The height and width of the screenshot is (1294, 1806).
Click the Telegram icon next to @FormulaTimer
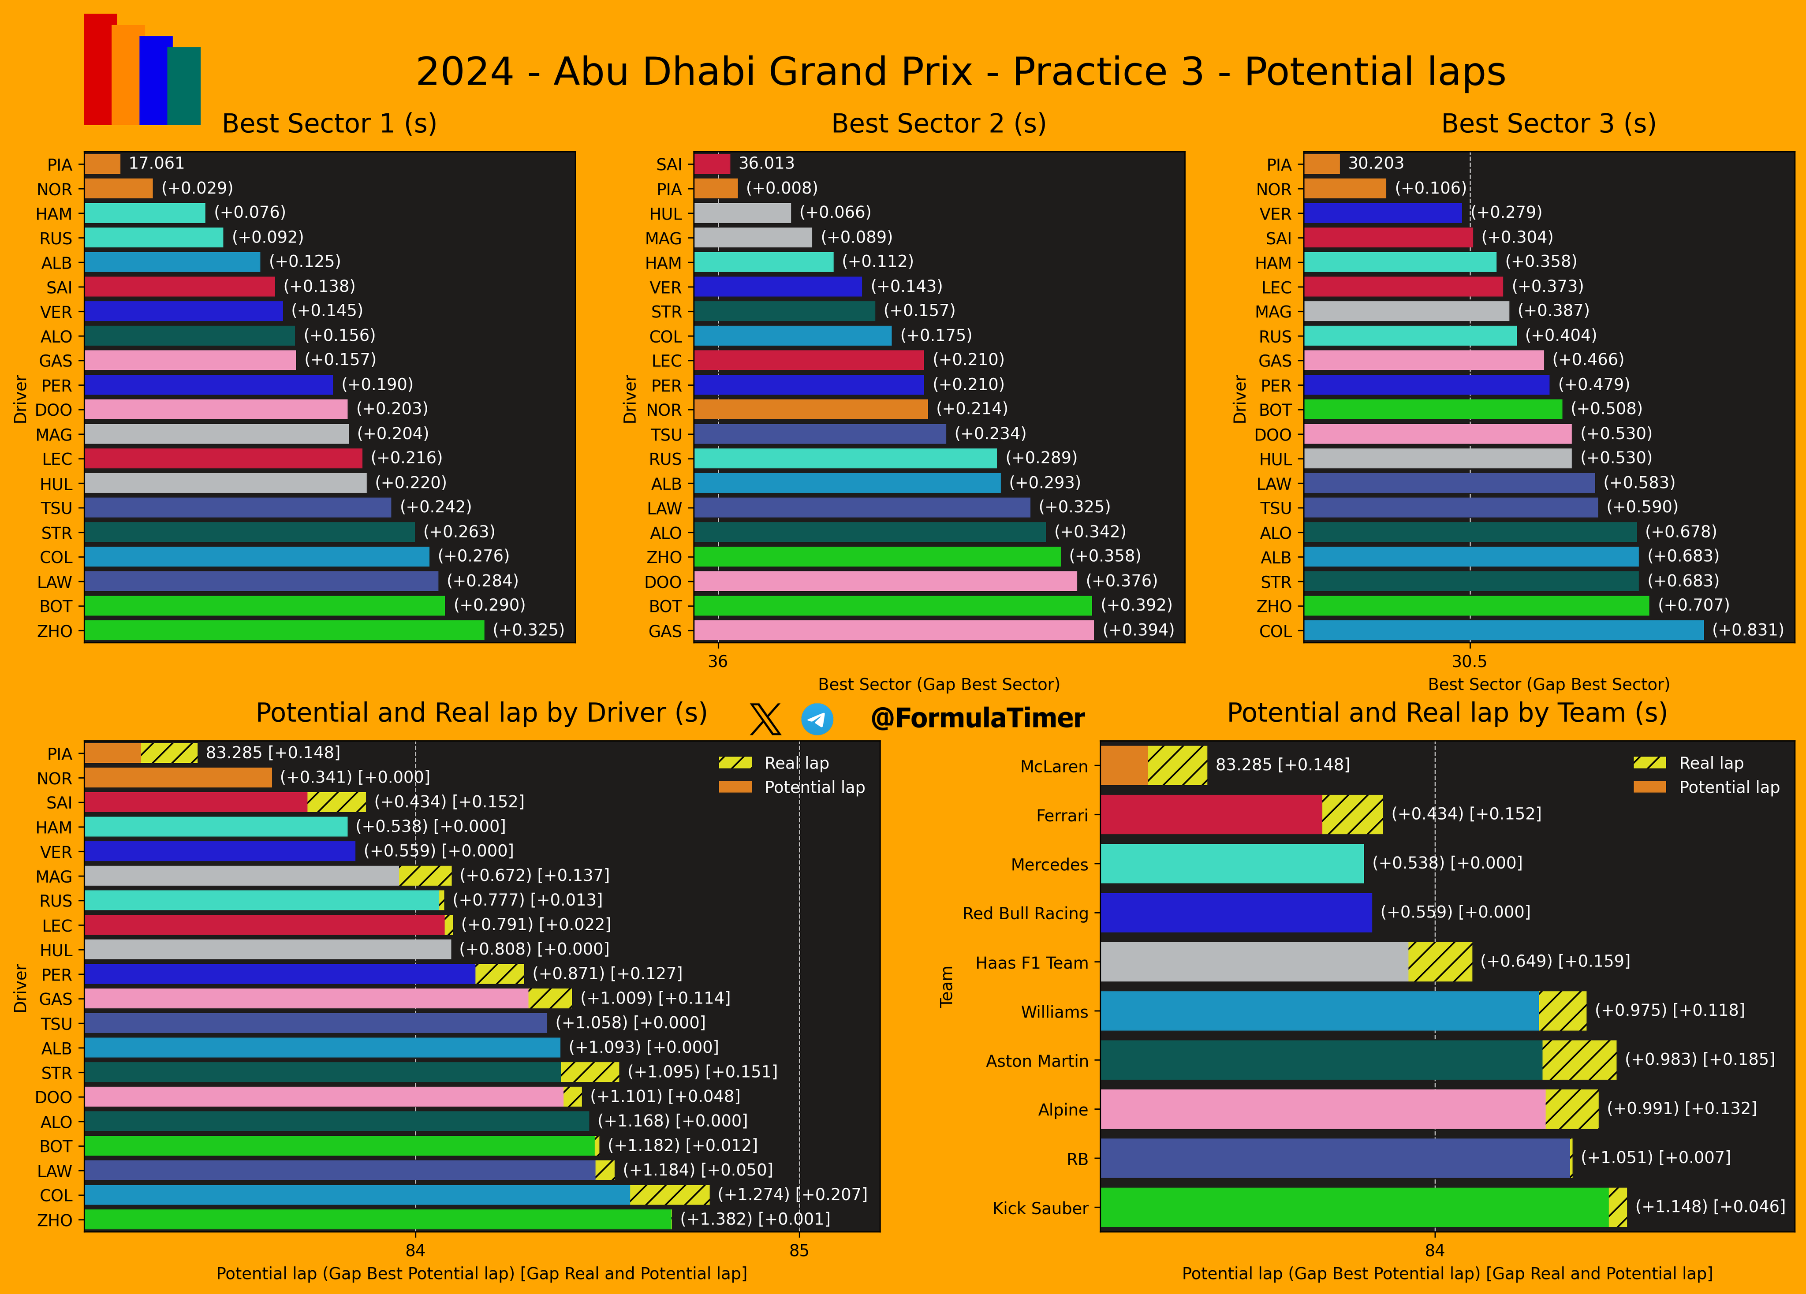(817, 719)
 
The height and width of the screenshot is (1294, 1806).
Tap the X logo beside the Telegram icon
(765, 719)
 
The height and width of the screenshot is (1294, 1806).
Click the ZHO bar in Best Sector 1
(284, 630)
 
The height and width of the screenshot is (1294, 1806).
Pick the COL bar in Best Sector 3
(1504, 630)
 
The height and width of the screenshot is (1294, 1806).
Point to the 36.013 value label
(766, 163)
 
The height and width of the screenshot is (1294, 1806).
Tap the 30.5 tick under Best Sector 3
(1469, 661)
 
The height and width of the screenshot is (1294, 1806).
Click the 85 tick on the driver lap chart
(799, 1250)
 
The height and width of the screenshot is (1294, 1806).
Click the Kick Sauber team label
(1040, 1208)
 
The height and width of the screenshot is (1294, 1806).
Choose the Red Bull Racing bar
(1236, 913)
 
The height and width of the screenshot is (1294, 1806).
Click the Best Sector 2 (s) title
(938, 123)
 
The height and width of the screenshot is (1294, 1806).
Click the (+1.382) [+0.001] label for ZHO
(754, 1219)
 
